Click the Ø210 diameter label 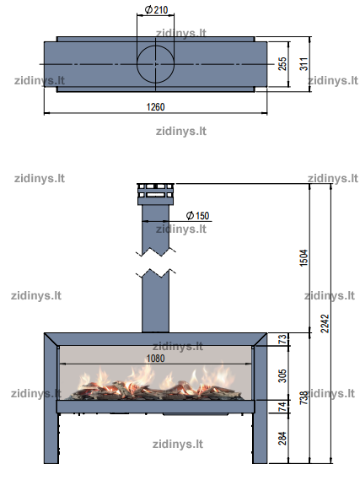tap(156, 10)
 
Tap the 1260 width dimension tap(155, 107)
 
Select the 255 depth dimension tap(282, 63)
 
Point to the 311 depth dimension tap(304, 63)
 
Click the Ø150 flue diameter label tap(197, 215)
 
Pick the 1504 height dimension tap(304, 258)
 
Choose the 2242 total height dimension tap(325, 324)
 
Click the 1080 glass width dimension tap(155, 359)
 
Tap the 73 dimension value tap(282, 339)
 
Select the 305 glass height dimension tap(282, 376)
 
